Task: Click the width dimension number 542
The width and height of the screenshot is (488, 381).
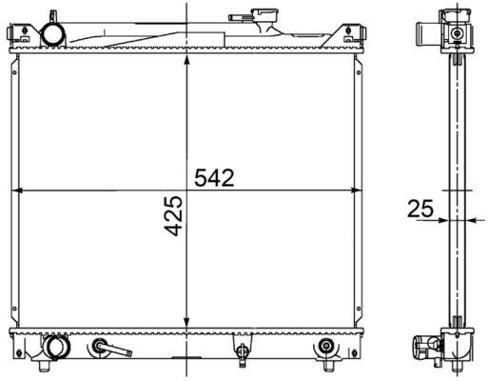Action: tap(214, 178)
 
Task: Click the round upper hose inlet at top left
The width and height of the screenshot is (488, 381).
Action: tap(51, 34)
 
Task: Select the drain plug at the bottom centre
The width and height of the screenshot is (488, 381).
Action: tap(243, 353)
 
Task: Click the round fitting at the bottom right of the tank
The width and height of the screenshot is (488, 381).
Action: tap(327, 346)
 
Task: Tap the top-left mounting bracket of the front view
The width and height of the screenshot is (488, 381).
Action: tap(17, 36)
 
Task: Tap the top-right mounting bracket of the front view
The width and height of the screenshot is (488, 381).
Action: tap(357, 36)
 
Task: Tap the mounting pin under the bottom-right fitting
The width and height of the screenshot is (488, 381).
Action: tap(327, 366)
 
